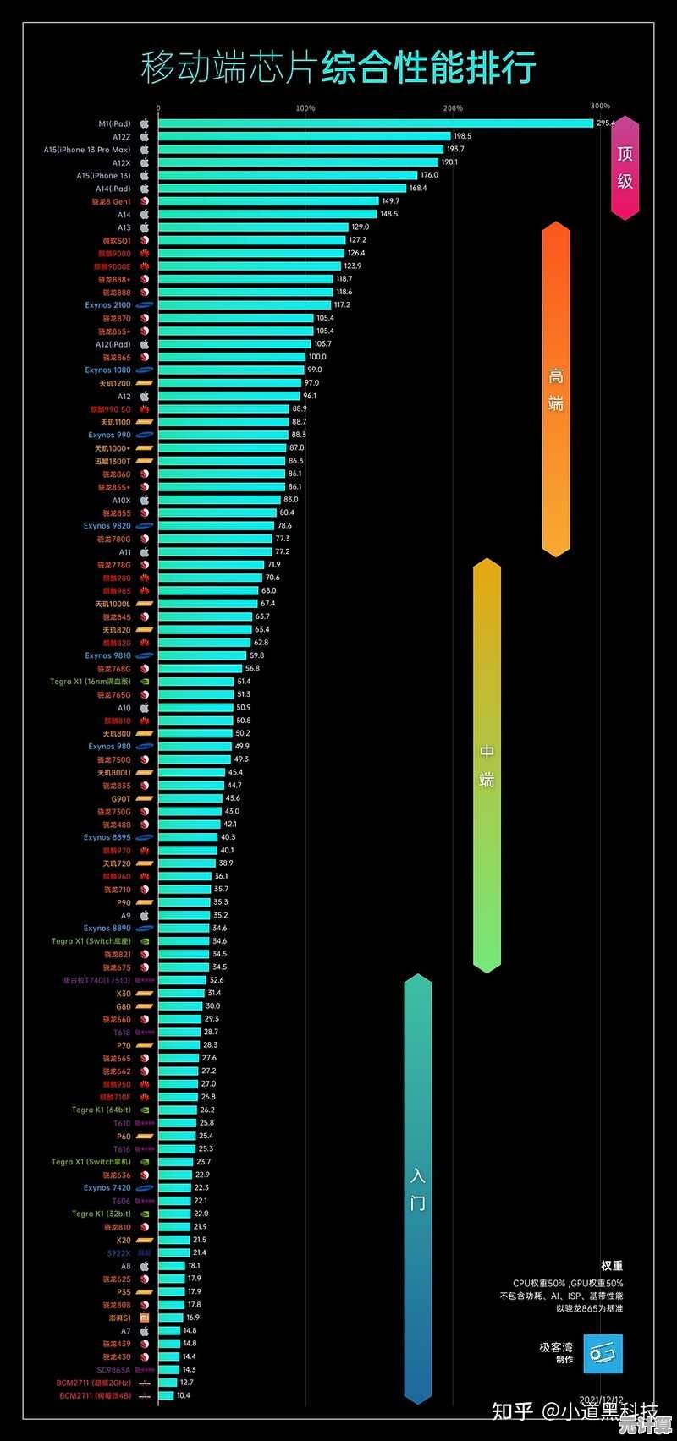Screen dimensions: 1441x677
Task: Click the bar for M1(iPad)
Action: (375, 123)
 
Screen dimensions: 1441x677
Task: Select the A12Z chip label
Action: (121, 137)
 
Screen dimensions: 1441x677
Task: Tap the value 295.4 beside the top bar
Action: (606, 123)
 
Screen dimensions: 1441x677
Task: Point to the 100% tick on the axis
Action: (305, 108)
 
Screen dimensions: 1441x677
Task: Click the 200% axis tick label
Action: (453, 108)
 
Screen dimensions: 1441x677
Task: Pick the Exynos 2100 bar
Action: (245, 305)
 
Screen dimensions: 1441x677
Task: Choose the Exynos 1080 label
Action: (107, 370)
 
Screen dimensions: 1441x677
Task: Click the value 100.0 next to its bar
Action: (316, 357)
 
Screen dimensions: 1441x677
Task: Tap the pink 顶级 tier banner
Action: (625, 167)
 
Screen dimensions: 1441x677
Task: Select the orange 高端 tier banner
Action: (555, 390)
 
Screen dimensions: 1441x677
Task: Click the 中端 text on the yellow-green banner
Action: (487, 765)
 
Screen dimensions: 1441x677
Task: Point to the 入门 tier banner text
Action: (418, 1189)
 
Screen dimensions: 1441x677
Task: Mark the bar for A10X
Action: (219, 500)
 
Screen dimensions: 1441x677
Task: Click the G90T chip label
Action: (121, 798)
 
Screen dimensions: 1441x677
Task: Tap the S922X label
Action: (118, 1252)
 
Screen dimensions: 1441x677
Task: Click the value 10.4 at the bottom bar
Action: (184, 1395)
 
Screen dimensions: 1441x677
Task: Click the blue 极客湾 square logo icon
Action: (603, 1354)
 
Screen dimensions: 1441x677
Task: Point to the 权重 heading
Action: (612, 1266)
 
